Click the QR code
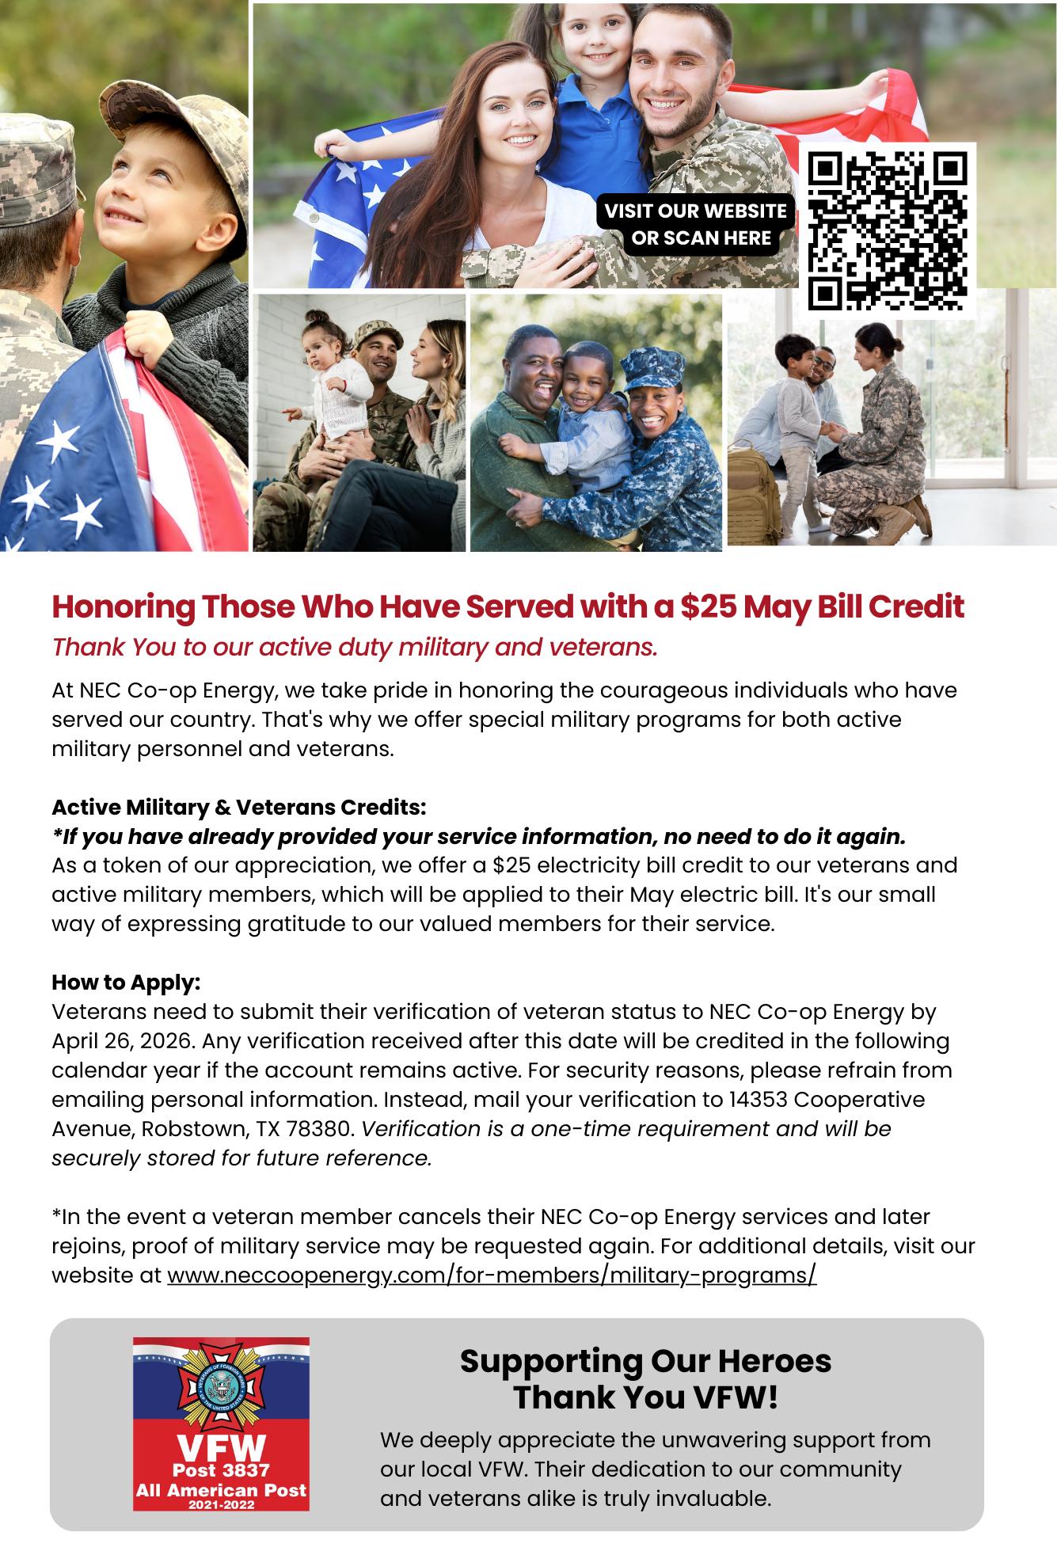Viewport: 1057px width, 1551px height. (x=887, y=230)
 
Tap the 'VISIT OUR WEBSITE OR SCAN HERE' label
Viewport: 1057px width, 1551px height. (x=696, y=224)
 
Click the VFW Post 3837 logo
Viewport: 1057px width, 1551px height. (x=221, y=1424)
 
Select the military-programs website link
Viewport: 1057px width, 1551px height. (x=492, y=1275)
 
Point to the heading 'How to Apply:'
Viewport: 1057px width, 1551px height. (x=126, y=983)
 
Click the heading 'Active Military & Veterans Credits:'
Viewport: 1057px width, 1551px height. (x=238, y=808)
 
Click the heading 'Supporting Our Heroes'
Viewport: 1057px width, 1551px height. (x=645, y=1361)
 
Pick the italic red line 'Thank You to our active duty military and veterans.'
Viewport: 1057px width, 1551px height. (x=355, y=647)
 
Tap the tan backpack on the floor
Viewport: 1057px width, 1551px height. (x=755, y=492)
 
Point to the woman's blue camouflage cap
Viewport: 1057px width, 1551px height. (x=649, y=367)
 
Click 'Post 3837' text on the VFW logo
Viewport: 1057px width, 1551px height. (x=221, y=1469)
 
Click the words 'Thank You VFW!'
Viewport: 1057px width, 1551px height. (x=645, y=1397)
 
